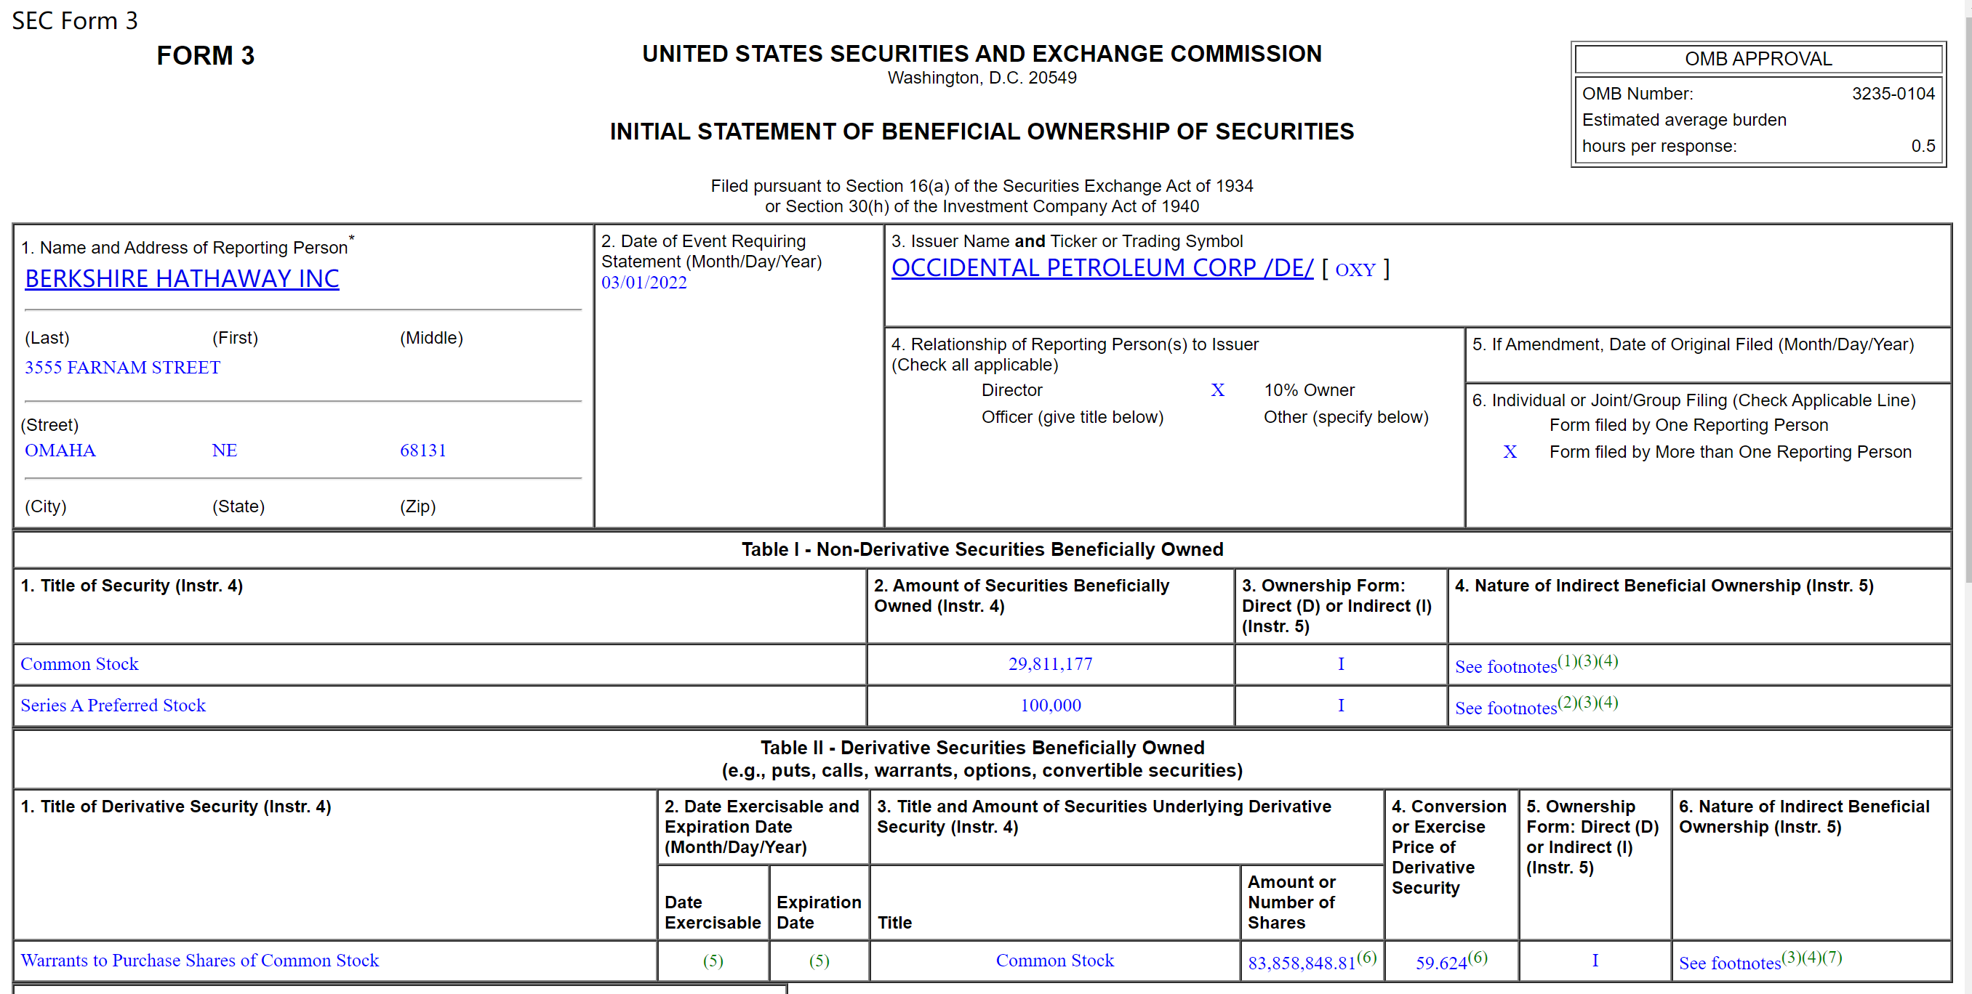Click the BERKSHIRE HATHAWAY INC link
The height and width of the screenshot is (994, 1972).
(x=182, y=278)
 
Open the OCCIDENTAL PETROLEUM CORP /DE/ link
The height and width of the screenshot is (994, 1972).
(x=1102, y=268)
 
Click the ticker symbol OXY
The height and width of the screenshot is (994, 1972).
(x=1354, y=270)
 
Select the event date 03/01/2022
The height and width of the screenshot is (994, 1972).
(x=644, y=283)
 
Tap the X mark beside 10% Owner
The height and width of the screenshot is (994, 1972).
(x=1217, y=390)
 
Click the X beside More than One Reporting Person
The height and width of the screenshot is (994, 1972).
(x=1509, y=452)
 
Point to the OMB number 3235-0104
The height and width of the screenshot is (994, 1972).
(x=1893, y=93)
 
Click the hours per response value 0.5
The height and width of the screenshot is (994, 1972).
(x=1923, y=146)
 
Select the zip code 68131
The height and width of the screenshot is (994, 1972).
(x=422, y=450)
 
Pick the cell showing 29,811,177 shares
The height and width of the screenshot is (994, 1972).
(x=1049, y=664)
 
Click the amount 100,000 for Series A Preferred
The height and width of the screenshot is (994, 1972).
(x=1049, y=706)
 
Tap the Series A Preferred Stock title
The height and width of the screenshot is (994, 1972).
(x=113, y=706)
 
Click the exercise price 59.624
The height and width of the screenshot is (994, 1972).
(x=1440, y=963)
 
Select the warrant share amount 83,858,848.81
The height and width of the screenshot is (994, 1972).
(x=1302, y=963)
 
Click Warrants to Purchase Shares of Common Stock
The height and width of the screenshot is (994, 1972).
(x=200, y=961)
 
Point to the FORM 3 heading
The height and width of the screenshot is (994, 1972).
(x=205, y=56)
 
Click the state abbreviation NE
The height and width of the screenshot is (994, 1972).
(x=224, y=450)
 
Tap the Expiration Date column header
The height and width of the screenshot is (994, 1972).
(x=818, y=912)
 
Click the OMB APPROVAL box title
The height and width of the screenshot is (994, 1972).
(x=1757, y=59)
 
